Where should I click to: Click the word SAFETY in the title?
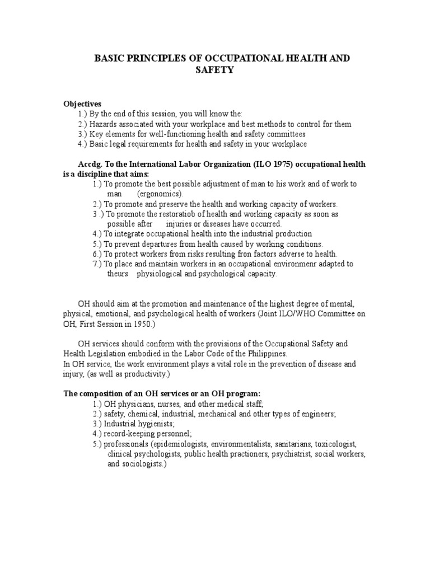214,70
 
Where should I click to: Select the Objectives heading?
82,104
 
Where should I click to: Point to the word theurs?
118,274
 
